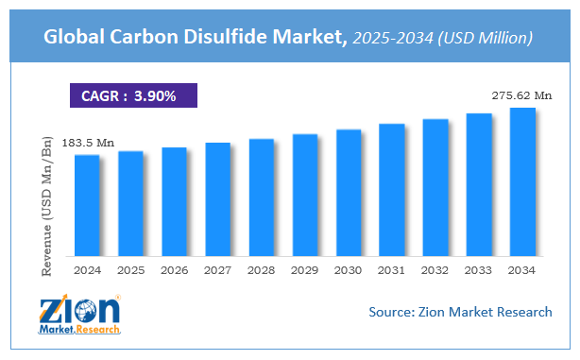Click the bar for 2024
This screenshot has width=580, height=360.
pyautogui.click(x=87, y=205)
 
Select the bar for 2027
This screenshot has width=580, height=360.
pyautogui.click(x=217, y=199)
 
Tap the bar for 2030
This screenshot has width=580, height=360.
pyautogui.click(x=349, y=193)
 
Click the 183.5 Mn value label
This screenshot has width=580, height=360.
pyautogui.click(x=88, y=143)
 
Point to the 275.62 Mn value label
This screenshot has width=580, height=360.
pyautogui.click(x=521, y=95)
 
